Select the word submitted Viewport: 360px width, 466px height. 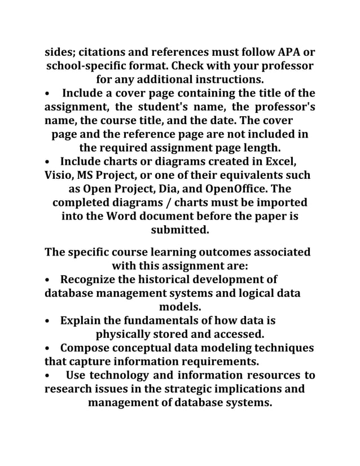(x=179, y=230)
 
